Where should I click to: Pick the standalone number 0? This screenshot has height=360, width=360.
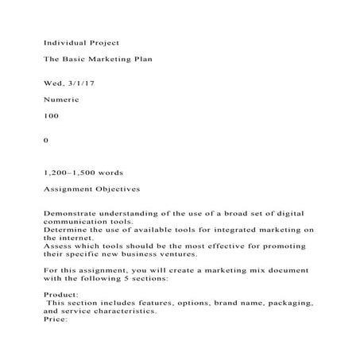click(46, 140)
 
